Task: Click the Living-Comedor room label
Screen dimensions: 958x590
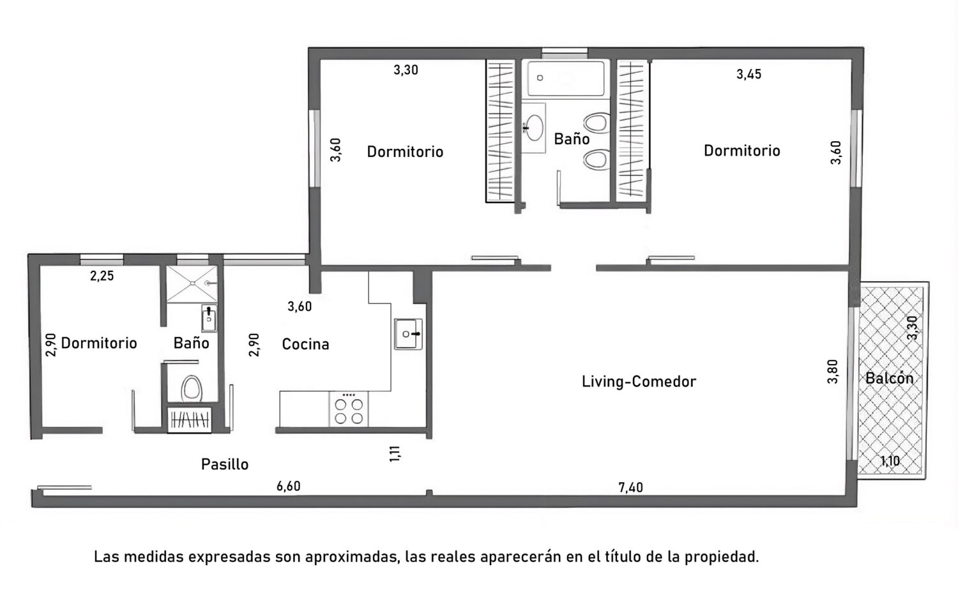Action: pos(639,381)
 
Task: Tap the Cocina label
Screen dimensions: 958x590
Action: pos(305,344)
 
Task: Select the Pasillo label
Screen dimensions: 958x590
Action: pos(225,464)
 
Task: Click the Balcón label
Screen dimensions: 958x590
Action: pos(889,378)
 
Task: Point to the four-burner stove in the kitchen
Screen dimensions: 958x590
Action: pos(349,409)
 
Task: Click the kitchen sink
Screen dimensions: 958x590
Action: pos(408,334)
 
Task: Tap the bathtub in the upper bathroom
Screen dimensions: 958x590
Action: pos(566,79)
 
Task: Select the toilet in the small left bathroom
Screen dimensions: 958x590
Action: pos(191,389)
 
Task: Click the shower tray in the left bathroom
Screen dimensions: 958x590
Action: pos(192,284)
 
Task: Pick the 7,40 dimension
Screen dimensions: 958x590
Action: pos(630,487)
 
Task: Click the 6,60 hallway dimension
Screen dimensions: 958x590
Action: pos(288,487)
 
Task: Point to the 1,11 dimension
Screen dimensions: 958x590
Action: pos(395,453)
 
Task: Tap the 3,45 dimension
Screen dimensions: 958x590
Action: pos(749,75)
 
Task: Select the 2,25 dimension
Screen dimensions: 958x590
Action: pos(102,276)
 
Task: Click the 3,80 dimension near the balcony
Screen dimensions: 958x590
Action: pos(832,372)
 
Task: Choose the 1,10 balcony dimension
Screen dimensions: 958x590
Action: pos(890,461)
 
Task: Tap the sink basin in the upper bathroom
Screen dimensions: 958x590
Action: pos(534,128)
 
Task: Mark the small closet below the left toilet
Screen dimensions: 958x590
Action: pos(190,420)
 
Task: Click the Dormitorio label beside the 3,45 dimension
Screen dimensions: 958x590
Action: pos(742,151)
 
